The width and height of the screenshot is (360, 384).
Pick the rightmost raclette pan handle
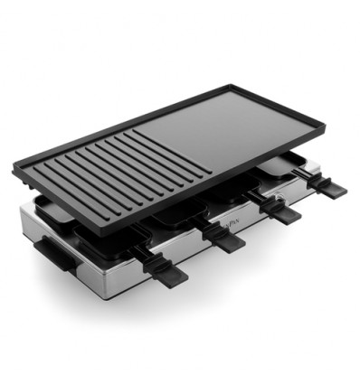point(329,188)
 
